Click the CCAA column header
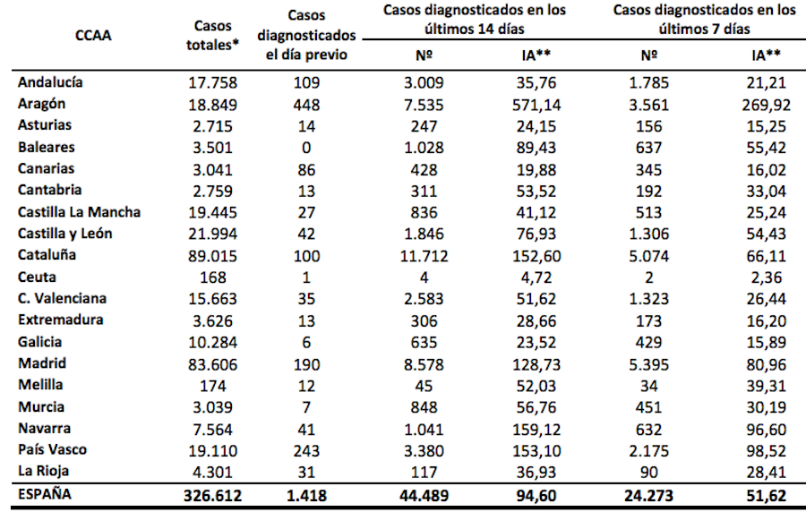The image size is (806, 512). (93, 38)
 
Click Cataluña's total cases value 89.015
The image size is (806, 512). (212, 255)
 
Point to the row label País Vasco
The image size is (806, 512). (53, 450)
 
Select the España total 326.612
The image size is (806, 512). (212, 495)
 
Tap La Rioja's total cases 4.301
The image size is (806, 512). (212, 472)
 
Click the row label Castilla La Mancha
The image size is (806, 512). (80, 212)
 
